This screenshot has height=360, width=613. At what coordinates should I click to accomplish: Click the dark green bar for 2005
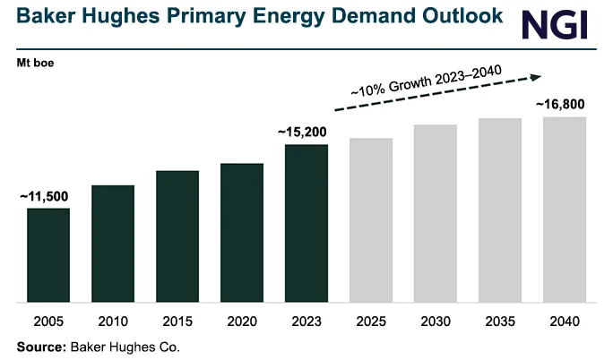pos(48,255)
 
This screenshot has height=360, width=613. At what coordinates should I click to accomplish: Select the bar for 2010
pos(113,244)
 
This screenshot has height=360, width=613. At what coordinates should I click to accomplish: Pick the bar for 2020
pos(242,233)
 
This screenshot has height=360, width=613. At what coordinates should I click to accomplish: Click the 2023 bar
pos(306,223)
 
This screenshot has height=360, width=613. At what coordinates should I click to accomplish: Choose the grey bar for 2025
pos(371,220)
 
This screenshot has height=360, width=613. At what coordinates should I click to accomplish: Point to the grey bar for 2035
pos(500,210)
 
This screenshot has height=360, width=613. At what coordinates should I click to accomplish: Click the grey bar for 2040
pos(565,210)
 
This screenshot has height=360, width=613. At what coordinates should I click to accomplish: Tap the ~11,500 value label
pos(44,196)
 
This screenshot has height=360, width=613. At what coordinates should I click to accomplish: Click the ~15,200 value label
pos(306,133)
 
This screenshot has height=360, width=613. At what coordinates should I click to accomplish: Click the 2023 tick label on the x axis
pos(306,321)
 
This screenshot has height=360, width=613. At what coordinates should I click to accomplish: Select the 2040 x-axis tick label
pos(565,321)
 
